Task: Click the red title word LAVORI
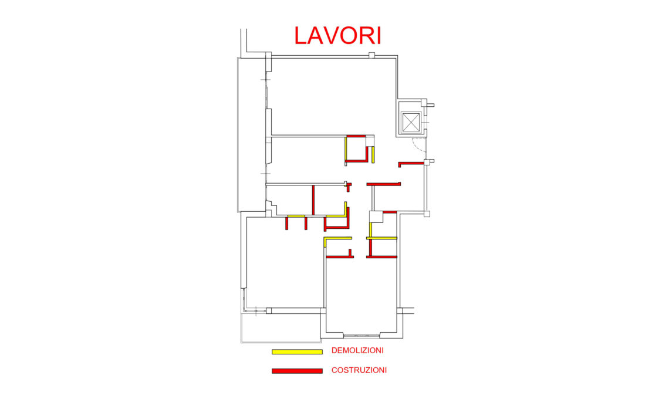337,35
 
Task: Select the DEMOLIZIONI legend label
357,350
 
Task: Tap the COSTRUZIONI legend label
359,370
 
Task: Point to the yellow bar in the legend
297,352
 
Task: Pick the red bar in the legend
297,371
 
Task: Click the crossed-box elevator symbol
411,123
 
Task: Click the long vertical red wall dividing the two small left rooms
313,200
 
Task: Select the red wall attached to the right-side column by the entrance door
411,164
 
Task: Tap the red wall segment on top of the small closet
356,136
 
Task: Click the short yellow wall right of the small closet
373,154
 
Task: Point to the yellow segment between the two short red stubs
296,217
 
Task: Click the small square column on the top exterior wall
371,55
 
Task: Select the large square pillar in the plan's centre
376,217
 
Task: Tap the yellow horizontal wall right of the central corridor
382,238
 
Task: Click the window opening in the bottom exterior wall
362,336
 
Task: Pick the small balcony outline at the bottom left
281,328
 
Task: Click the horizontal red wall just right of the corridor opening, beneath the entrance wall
384,184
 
